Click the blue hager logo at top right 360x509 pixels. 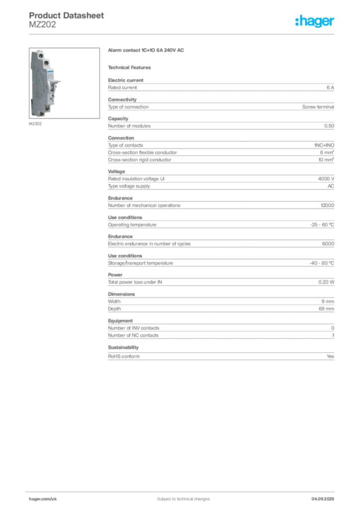[x=316, y=21]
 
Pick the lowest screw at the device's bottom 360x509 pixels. [x=42, y=114]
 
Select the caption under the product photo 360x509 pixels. [x=35, y=124]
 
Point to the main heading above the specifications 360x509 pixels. [x=147, y=51]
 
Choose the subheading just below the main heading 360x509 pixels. [x=131, y=67]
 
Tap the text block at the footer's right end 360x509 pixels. [x=326, y=496]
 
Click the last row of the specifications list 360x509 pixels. [x=220, y=355]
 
